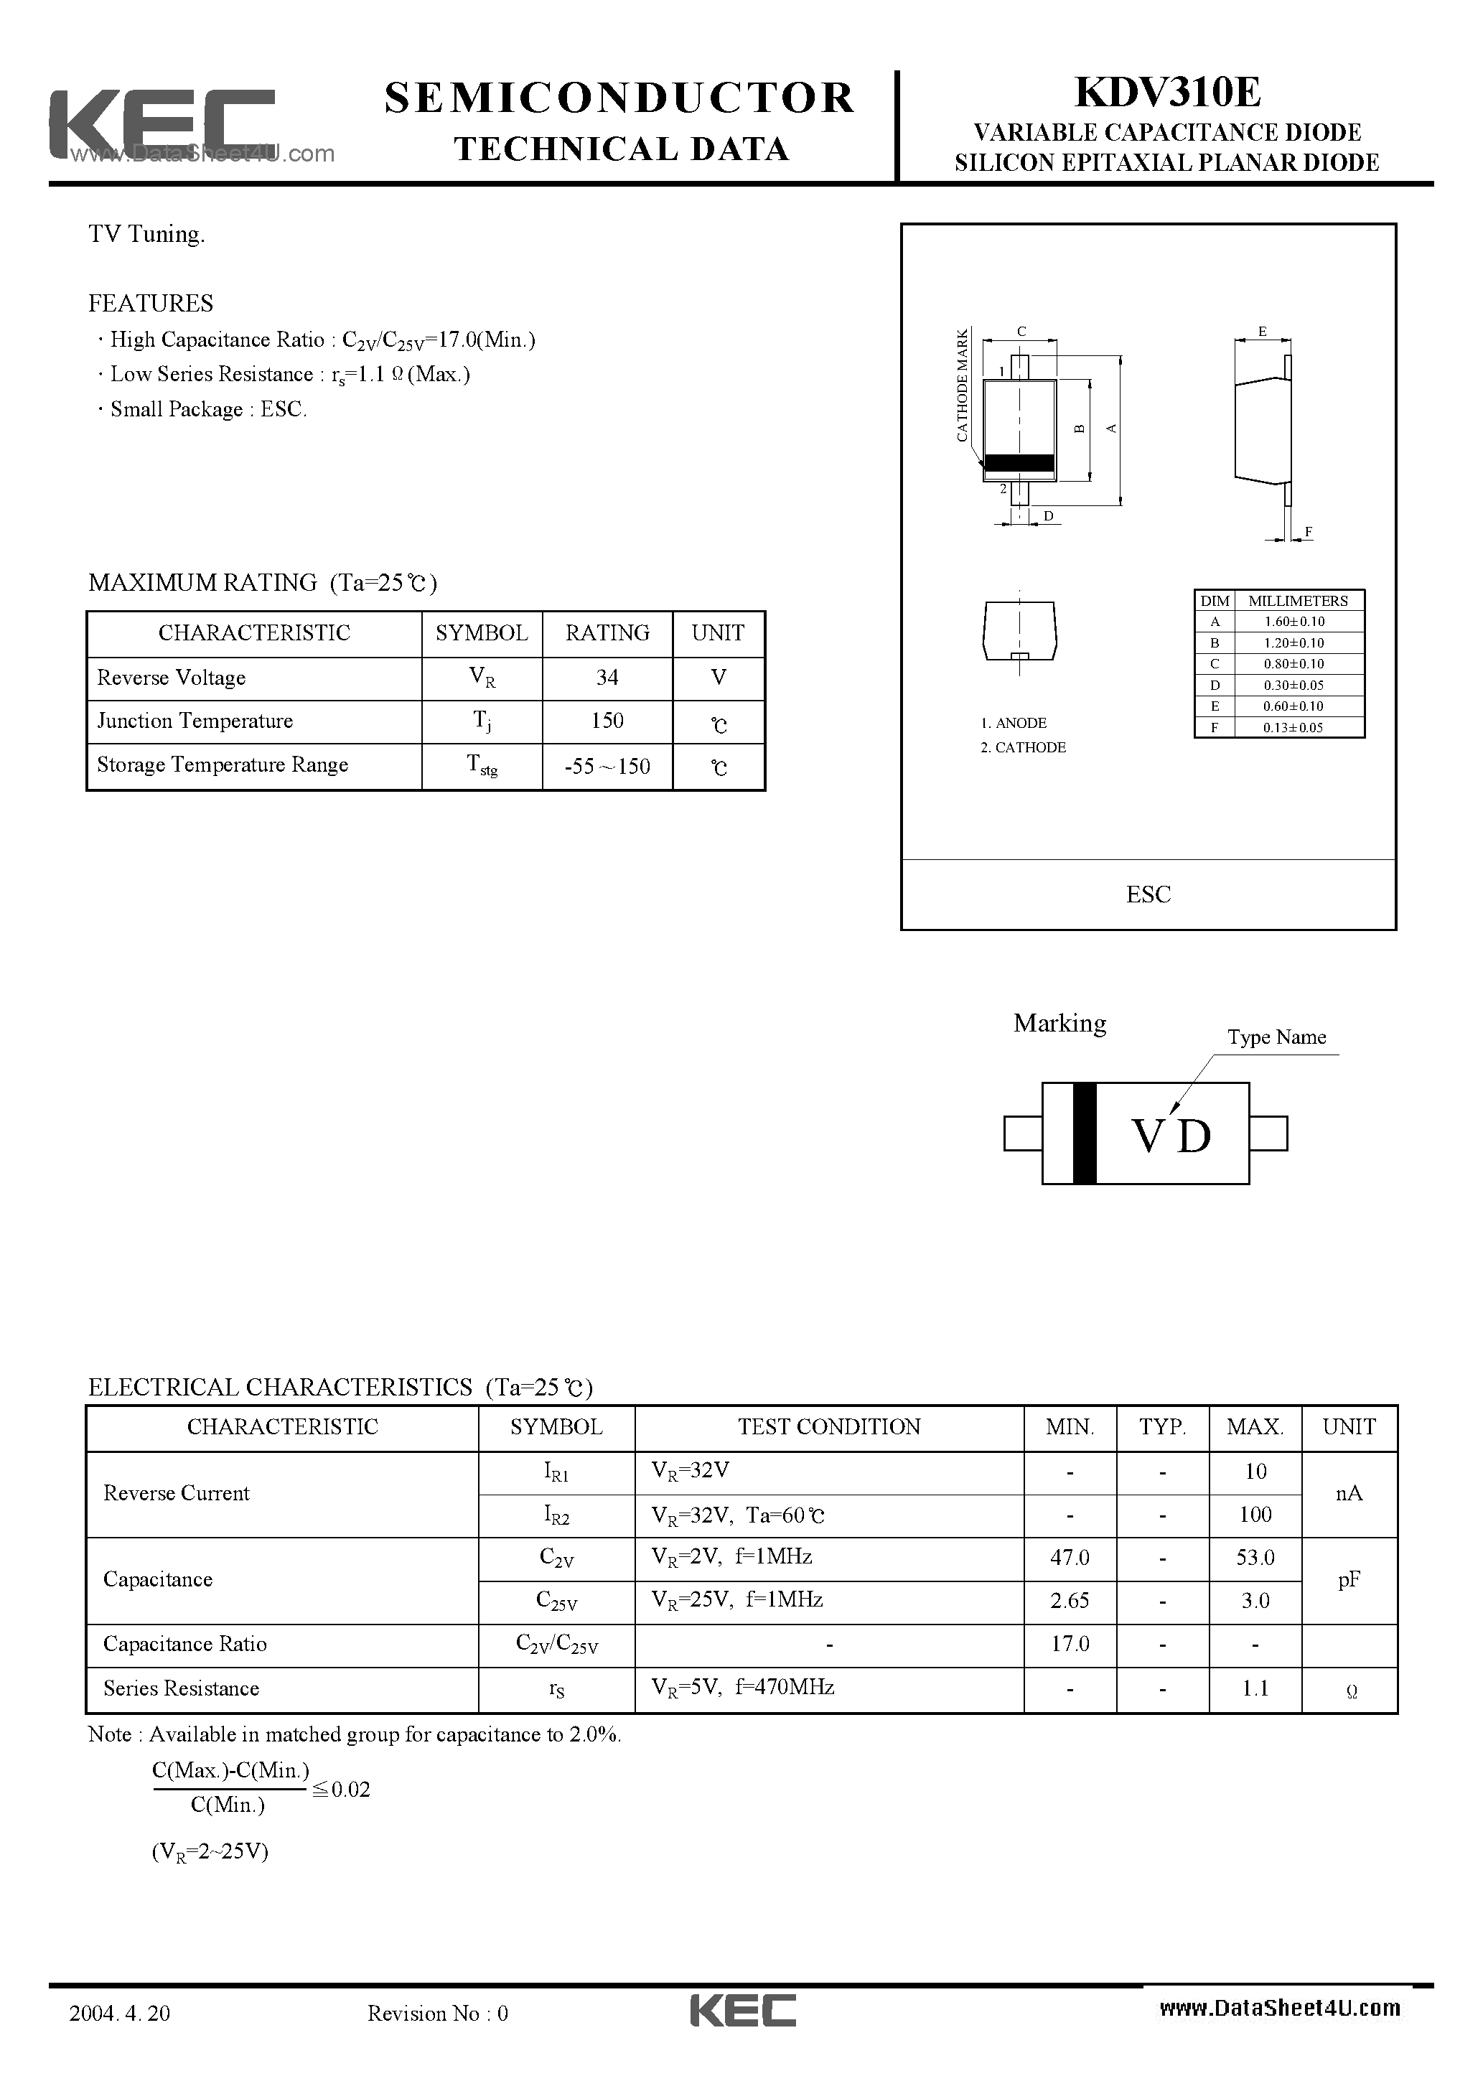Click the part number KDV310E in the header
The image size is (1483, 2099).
tap(1168, 93)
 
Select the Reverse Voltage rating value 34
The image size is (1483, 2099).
tap(607, 678)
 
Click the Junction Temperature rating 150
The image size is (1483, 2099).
tap(607, 721)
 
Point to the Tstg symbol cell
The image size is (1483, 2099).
tap(482, 766)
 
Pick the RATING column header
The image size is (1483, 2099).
tap(607, 632)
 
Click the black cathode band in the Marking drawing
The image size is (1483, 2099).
tap(1085, 1133)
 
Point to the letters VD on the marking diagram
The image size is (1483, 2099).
tap(1171, 1136)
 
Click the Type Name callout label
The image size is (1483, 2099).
tap(1276, 1037)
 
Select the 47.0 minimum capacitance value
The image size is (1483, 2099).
tap(1070, 1557)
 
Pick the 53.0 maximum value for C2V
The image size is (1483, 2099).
tap(1255, 1557)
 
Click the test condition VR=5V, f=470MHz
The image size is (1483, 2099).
tap(742, 1687)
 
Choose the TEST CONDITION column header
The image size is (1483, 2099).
tap(829, 1427)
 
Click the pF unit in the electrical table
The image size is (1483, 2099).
tap(1349, 1579)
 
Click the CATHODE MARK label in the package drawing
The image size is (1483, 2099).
tap(962, 385)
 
